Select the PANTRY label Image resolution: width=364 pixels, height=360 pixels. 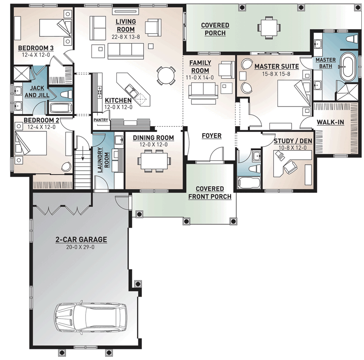point(101,120)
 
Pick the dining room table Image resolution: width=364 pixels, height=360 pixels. point(154,161)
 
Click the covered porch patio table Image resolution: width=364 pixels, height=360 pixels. point(269,27)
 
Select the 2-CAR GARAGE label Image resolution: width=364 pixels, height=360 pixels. point(81,239)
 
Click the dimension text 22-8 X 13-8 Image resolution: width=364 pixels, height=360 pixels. point(126,37)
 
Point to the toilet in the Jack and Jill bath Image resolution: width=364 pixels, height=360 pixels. point(66,95)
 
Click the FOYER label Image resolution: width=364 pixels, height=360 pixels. point(212,136)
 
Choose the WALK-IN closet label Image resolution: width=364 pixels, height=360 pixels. point(330,122)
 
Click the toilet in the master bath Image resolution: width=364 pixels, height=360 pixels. point(352,39)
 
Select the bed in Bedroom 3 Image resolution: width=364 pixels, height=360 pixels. point(55,28)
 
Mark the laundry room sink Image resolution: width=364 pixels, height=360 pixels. point(119,140)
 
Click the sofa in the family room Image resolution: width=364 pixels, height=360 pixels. point(203,89)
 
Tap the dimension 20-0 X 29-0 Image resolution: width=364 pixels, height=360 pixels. point(81,247)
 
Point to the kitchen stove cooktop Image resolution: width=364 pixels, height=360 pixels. point(100,92)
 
